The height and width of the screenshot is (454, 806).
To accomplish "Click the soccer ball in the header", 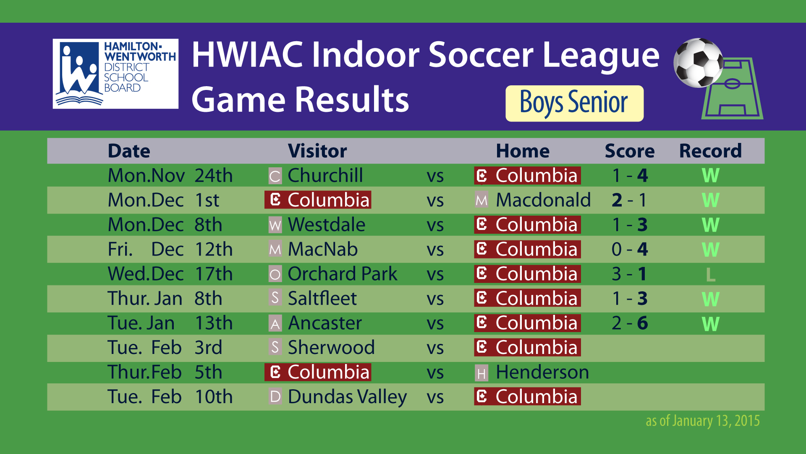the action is (699, 63).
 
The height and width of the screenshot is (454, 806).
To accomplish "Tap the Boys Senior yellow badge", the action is (574, 103).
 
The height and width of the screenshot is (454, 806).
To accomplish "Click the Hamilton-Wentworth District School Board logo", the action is (115, 74).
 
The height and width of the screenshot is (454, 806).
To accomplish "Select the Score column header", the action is (629, 151).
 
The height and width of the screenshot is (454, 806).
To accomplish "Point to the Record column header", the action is (710, 151).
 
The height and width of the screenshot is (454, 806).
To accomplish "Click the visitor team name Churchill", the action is (325, 175).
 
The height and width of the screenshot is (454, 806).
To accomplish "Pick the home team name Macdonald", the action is (543, 200).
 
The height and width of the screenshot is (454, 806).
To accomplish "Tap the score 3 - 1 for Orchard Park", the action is (629, 274).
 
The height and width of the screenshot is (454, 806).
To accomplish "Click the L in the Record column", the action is (710, 275).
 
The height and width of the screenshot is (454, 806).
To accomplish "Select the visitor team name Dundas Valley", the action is (347, 397).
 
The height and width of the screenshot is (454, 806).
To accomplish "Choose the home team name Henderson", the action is (542, 372).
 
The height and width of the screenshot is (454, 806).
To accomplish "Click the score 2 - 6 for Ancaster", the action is (630, 323).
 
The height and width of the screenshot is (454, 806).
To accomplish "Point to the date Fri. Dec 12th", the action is (170, 249).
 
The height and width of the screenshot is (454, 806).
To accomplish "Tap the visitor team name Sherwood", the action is (331, 348).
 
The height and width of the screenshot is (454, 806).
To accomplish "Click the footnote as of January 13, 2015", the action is (703, 421).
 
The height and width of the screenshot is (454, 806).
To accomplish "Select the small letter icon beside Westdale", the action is (275, 225).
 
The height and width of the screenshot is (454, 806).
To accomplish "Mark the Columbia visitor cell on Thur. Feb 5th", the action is (318, 372).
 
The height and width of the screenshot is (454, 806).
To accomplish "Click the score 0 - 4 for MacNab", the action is (630, 249).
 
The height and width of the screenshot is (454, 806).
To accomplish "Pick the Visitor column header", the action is (317, 151).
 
